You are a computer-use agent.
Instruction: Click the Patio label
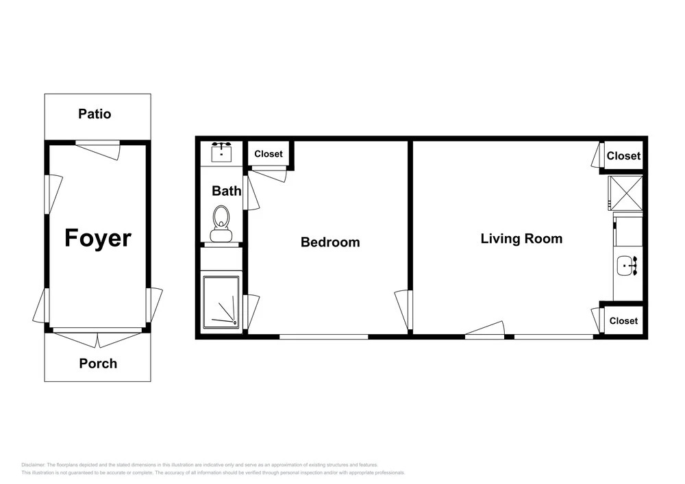tap(95, 114)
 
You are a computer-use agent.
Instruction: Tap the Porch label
tap(98, 364)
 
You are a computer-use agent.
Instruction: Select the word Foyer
tap(98, 238)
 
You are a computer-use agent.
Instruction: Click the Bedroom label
tap(330, 242)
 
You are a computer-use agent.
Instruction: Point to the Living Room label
tap(521, 239)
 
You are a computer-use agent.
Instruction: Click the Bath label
tap(226, 191)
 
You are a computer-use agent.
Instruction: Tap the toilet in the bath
tap(221, 223)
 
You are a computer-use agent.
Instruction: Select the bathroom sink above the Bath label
tap(221, 152)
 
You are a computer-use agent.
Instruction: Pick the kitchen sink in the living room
tap(627, 266)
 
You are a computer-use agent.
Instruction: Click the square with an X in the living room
tap(625, 193)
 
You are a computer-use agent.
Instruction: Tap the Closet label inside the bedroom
tap(269, 154)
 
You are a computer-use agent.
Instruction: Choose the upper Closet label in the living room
tap(623, 156)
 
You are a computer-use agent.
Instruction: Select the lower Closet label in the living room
tap(623, 321)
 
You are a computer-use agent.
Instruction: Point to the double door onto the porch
tap(98, 337)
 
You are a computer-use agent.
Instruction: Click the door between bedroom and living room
tap(403, 310)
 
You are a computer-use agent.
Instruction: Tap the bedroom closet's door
tap(269, 174)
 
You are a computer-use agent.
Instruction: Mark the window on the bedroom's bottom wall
tap(324, 337)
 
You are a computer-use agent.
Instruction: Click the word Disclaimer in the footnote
tap(33, 465)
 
